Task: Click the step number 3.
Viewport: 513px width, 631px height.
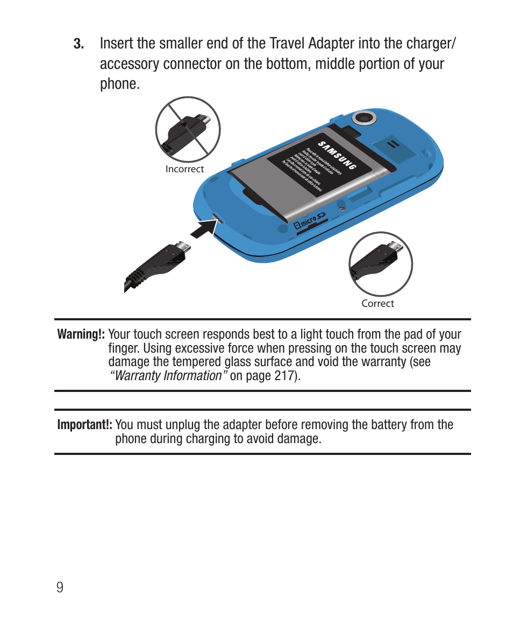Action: click(x=79, y=44)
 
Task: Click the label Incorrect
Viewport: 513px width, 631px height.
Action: click(x=184, y=169)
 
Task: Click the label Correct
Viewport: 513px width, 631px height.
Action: click(x=377, y=303)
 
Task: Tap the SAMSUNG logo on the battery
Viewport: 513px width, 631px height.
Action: click(x=337, y=156)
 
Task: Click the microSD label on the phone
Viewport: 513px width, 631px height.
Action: click(x=310, y=221)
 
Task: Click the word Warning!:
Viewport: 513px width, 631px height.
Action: click(x=81, y=334)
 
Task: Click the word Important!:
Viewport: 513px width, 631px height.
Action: click(x=84, y=425)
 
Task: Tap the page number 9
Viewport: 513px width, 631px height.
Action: click(x=60, y=586)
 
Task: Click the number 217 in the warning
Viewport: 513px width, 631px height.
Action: click(x=283, y=375)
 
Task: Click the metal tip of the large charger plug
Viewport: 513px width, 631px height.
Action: click(x=184, y=247)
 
